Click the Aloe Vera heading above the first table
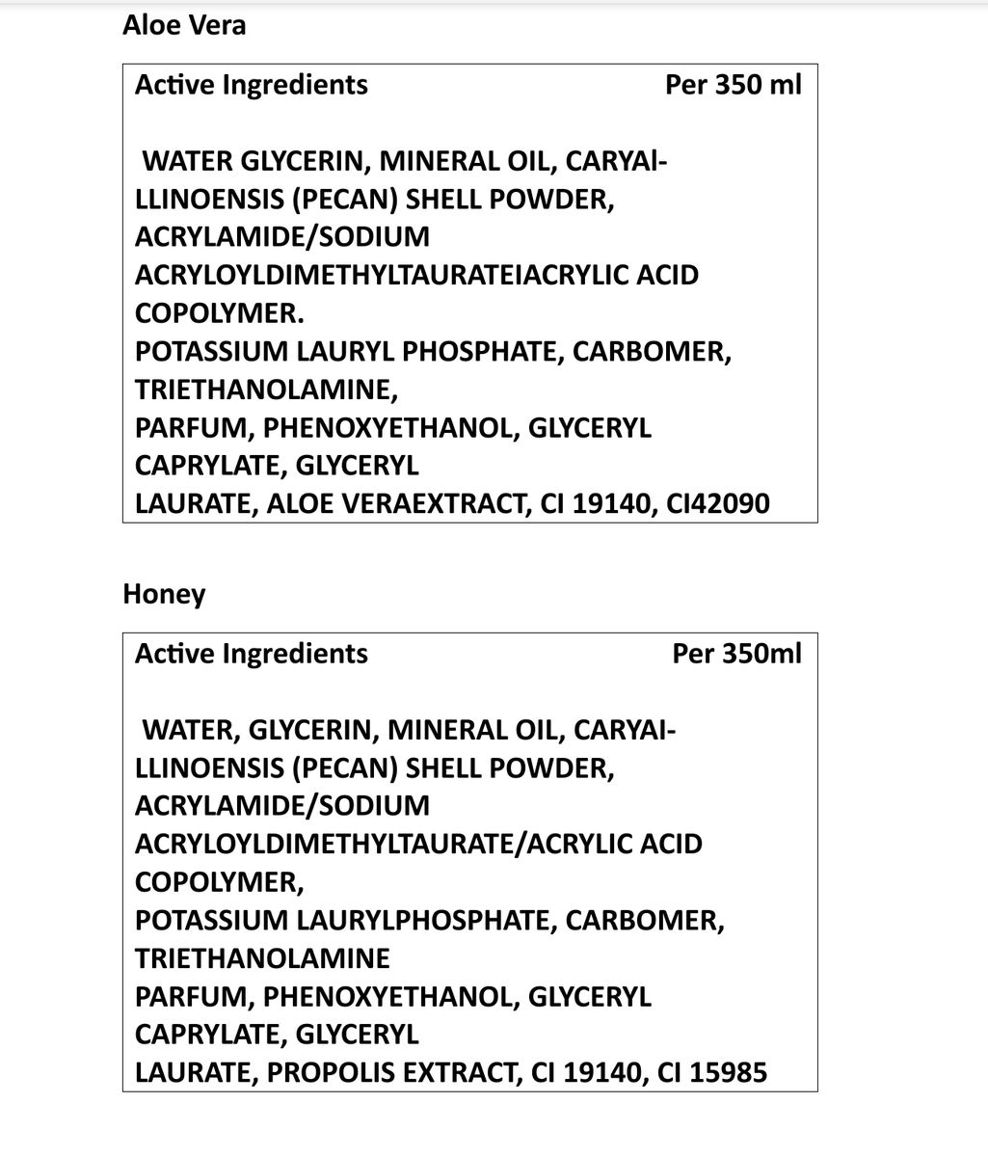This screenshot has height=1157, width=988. coord(184,25)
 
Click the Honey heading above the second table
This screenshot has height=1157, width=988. coord(164,594)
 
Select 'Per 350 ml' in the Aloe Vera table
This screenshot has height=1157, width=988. coord(733,85)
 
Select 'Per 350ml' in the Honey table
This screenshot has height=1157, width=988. coord(736,654)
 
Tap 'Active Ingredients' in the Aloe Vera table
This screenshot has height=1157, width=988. coord(251,85)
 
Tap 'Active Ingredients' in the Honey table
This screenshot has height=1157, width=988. coord(251,654)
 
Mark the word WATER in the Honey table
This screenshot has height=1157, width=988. coord(192,730)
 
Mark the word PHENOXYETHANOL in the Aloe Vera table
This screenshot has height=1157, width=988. coord(394,427)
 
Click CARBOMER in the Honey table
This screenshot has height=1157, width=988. coord(644,920)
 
